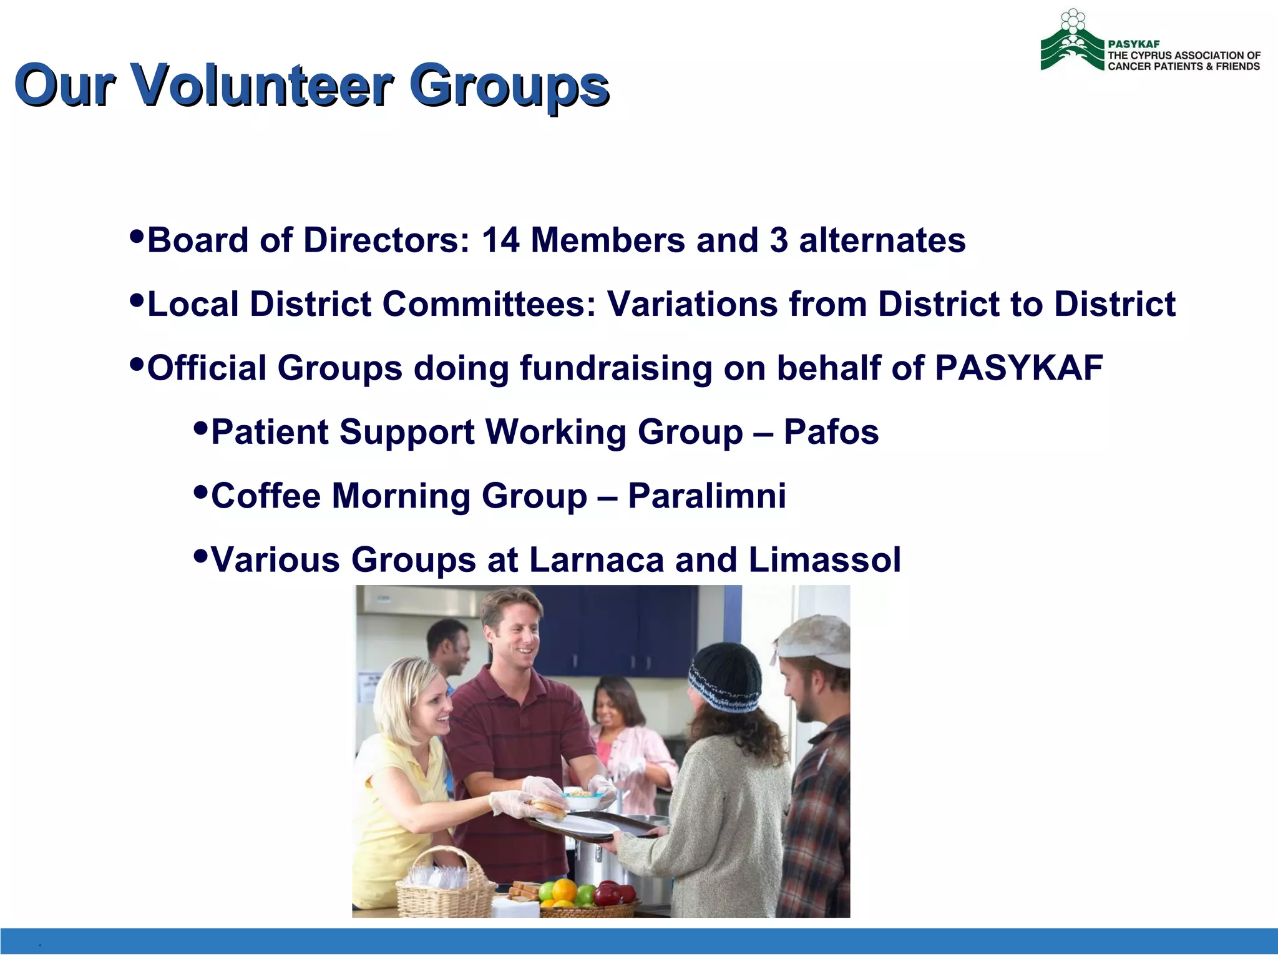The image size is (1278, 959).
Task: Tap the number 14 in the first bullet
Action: coord(500,240)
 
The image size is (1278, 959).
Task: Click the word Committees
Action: coord(489,304)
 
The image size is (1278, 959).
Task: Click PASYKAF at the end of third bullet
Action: coord(1018,368)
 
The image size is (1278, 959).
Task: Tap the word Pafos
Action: coord(831,432)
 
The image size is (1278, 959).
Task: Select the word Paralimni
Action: coord(706,496)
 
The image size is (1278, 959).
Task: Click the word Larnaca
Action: coord(596,559)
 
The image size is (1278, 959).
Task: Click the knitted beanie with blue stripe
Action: coord(724,678)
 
